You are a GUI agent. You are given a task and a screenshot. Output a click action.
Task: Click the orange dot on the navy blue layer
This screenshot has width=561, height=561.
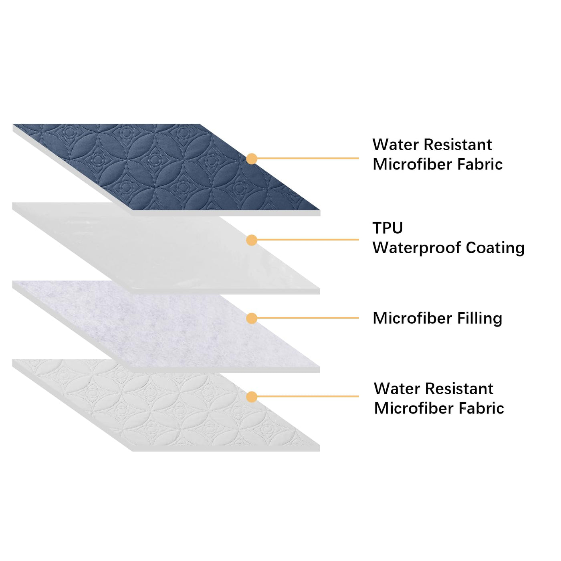coord(252,159)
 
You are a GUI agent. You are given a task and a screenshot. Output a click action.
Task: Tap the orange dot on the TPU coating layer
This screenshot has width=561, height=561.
coord(252,240)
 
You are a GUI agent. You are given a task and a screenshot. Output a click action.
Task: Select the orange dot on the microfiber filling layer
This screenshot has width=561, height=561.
coord(252,319)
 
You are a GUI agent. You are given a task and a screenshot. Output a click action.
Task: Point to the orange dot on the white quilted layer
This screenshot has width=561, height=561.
coord(252,397)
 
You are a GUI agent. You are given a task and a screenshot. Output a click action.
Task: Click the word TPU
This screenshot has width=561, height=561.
coord(387,228)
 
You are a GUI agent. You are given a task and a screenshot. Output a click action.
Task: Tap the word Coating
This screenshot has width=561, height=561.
coord(495,248)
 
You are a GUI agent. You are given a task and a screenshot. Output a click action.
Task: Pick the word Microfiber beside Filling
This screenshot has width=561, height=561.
coord(414,319)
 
